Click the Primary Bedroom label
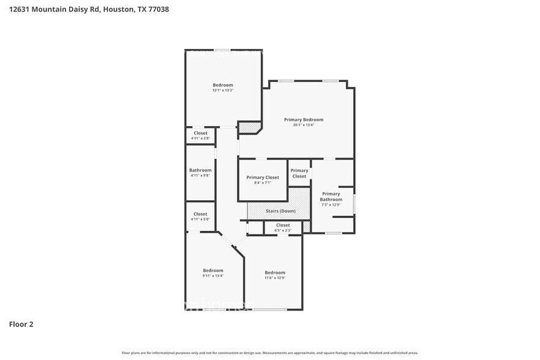(x=303, y=119)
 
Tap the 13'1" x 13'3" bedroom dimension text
(x=223, y=91)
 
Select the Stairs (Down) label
(x=280, y=211)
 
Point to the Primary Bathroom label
(x=331, y=197)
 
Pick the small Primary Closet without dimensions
(x=299, y=173)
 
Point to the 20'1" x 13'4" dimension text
(x=303, y=125)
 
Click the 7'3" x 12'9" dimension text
(x=331, y=204)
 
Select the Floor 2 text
(x=21, y=324)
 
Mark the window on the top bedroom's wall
(x=222, y=50)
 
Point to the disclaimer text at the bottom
(x=269, y=353)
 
